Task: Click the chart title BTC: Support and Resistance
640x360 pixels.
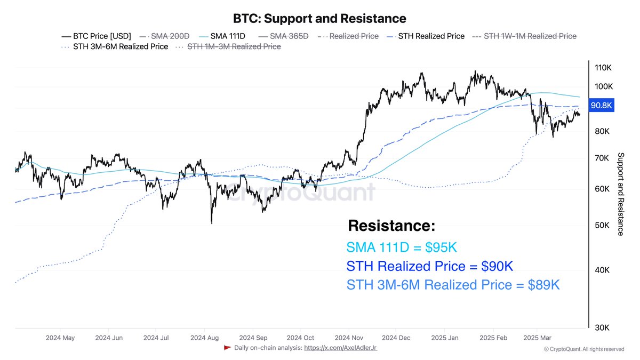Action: pyautogui.click(x=319, y=19)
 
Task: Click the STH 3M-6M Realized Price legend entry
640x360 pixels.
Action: pyautogui.click(x=115, y=46)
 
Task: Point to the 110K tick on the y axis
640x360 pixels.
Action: pyautogui.click(x=603, y=68)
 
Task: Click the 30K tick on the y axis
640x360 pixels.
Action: pyautogui.click(x=603, y=327)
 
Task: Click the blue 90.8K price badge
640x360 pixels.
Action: pyautogui.click(x=601, y=106)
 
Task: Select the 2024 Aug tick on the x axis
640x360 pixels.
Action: pyautogui.click(x=204, y=338)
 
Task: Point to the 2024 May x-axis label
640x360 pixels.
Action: pyautogui.click(x=60, y=338)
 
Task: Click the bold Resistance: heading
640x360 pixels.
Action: pyautogui.click(x=391, y=226)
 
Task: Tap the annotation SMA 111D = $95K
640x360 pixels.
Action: pyautogui.click(x=402, y=247)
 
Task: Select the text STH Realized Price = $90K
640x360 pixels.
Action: pyautogui.click(x=429, y=266)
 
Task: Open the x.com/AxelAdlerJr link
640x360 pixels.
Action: pyautogui.click(x=340, y=348)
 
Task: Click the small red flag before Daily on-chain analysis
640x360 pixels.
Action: pyautogui.click(x=227, y=348)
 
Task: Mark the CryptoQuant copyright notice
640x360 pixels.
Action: pyautogui.click(x=584, y=349)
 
